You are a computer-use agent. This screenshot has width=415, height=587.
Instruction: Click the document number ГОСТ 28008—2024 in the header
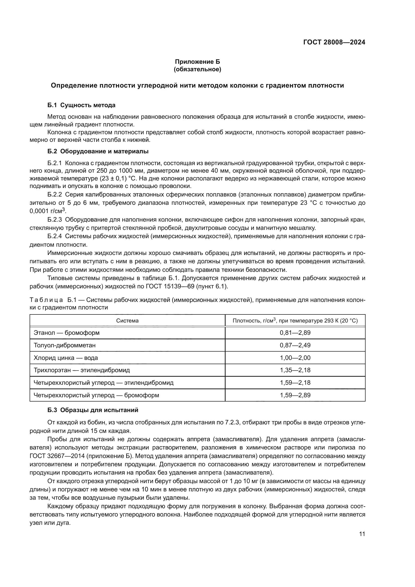(x=334, y=42)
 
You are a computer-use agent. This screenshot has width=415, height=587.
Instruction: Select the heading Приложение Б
(x=197, y=62)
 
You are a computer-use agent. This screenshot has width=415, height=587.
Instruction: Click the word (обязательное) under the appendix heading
(x=197, y=69)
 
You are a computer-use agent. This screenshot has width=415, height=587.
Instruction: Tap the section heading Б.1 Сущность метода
(x=81, y=105)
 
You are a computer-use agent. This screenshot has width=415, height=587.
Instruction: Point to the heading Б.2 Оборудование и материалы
(x=98, y=151)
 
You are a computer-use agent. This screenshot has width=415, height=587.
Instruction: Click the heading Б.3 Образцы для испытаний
(x=93, y=410)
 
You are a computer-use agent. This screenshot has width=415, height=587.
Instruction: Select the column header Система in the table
(x=127, y=320)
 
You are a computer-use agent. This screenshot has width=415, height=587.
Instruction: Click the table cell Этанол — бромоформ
(x=67, y=333)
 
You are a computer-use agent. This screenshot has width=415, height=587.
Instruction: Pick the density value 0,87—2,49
(x=295, y=345)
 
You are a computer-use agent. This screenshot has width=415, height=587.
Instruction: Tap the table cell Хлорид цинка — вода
(x=66, y=358)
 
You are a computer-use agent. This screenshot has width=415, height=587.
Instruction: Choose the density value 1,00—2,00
(x=295, y=358)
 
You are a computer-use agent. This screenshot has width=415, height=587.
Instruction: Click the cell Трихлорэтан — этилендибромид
(x=82, y=370)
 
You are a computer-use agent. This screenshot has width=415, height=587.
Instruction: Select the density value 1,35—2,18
(x=295, y=370)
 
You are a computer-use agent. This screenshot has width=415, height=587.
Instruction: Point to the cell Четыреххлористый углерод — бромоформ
(x=96, y=395)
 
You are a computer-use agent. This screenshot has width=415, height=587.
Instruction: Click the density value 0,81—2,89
(x=295, y=333)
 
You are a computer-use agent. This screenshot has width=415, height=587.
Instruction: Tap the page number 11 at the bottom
(x=362, y=534)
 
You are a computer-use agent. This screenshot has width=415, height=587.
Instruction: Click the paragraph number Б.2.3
(x=55, y=220)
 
